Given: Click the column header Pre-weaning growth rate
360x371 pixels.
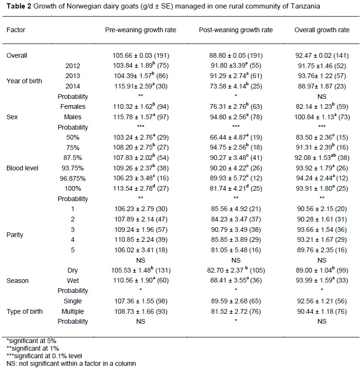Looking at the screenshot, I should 140,30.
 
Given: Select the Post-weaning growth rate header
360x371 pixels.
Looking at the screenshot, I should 235,30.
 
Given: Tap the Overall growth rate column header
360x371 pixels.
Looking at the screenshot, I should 322,30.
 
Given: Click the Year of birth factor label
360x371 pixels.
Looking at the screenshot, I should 24,81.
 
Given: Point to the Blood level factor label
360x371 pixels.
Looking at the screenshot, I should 22,168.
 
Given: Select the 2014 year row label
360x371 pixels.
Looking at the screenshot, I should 73,86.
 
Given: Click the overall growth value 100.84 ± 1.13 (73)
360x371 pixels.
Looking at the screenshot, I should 322,117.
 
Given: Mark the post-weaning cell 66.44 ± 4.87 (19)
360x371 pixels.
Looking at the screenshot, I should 235,137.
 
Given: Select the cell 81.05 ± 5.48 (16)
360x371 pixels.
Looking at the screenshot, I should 235,250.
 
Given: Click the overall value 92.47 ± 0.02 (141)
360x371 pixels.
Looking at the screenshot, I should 322,55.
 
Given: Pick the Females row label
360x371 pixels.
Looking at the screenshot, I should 73,106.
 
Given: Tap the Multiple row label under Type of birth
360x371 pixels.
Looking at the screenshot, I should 73,311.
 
